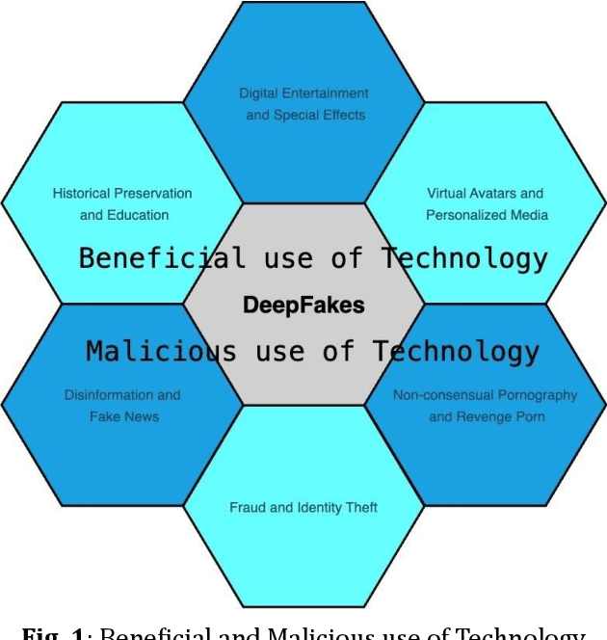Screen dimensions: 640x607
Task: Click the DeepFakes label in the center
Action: (x=303, y=306)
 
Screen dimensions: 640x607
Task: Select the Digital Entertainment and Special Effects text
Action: (x=303, y=104)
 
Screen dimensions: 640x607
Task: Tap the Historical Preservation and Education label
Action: (x=122, y=204)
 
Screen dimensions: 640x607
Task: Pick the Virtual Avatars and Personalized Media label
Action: (x=486, y=204)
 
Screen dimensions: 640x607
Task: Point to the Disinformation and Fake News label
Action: (x=122, y=406)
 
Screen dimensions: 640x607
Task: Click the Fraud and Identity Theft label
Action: (x=303, y=507)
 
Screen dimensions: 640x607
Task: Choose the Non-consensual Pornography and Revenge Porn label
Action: (x=486, y=406)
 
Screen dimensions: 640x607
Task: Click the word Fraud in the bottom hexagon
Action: (x=248, y=507)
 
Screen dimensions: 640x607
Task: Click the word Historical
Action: (x=82, y=194)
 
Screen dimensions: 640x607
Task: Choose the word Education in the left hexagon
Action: (x=137, y=215)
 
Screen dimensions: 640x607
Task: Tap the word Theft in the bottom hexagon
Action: (x=359, y=507)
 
